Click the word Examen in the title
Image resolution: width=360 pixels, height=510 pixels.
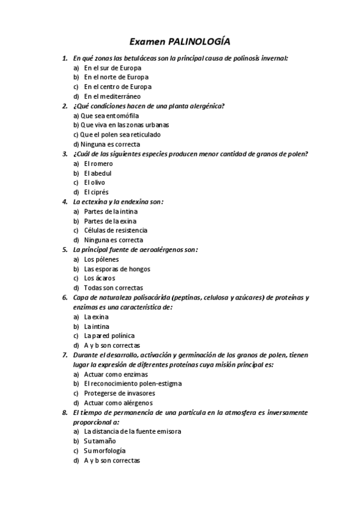pyautogui.click(x=149, y=42)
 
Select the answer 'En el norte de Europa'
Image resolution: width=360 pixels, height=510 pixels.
pyautogui.click(x=116, y=77)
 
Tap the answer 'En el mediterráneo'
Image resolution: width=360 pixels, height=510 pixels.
pyautogui.click(x=112, y=96)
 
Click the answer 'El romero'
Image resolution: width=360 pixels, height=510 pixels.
pyautogui.click(x=98, y=164)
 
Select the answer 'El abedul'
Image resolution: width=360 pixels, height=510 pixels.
pyautogui.click(x=98, y=173)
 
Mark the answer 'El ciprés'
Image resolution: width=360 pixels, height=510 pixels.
pyautogui.click(x=96, y=192)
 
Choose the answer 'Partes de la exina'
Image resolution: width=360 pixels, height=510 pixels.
pyautogui.click(x=111, y=221)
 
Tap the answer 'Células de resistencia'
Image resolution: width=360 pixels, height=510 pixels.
pyautogui.click(x=115, y=230)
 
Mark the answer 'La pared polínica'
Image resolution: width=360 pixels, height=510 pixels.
pyautogui.click(x=109, y=336)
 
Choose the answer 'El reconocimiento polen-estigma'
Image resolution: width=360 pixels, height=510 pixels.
pyautogui.click(x=132, y=384)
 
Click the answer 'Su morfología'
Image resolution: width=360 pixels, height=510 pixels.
pyautogui.click(x=105, y=451)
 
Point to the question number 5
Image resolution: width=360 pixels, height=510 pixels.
pyautogui.click(x=65, y=250)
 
